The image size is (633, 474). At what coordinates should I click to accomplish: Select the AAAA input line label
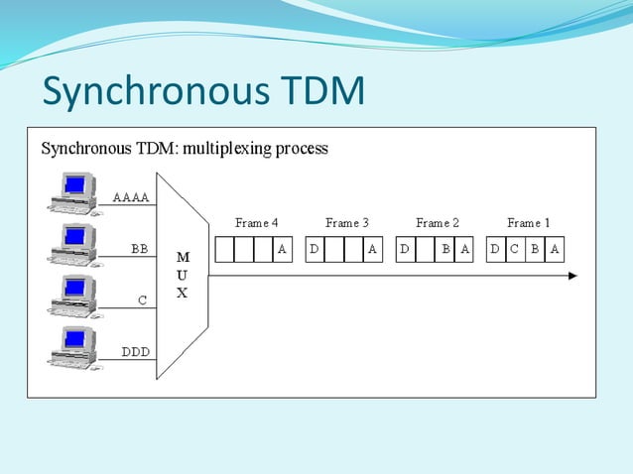(131, 197)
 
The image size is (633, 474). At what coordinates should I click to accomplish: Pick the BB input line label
(139, 249)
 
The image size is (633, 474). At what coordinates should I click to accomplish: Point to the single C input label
(142, 299)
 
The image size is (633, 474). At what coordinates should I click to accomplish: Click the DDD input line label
(135, 351)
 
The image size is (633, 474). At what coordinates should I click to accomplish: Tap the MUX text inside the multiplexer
(183, 275)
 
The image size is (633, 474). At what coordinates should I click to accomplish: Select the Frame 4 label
(256, 223)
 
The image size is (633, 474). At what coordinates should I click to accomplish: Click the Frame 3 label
(346, 223)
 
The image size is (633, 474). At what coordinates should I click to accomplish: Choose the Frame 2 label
(438, 223)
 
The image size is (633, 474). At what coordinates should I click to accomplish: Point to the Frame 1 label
(528, 223)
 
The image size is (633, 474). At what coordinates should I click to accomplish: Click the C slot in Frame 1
(514, 250)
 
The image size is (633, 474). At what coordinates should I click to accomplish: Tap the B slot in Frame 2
(445, 250)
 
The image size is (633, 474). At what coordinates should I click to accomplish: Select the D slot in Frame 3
(315, 250)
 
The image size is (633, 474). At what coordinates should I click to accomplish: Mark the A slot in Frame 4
(282, 250)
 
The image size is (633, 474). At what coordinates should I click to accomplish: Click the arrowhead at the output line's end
(571, 276)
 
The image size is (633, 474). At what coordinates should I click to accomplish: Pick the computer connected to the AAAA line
(75, 192)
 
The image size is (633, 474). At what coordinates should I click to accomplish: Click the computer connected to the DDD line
(75, 347)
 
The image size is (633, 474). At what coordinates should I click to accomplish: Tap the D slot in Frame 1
(495, 250)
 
